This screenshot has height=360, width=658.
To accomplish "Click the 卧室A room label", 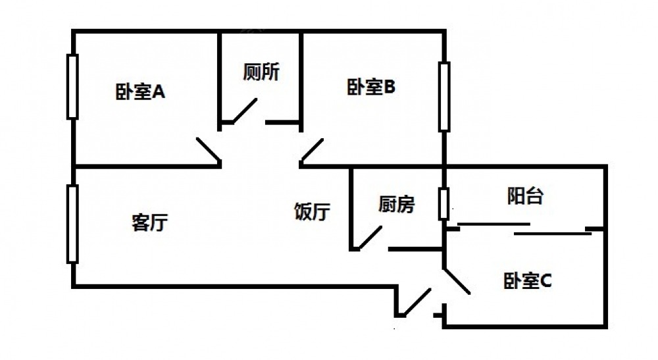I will (140, 92).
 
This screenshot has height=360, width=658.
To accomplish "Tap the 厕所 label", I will (261, 72).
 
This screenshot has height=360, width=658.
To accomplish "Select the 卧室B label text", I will (370, 88).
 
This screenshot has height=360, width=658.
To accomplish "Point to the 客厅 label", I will (149, 223).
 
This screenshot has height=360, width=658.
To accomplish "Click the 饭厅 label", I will (312, 212).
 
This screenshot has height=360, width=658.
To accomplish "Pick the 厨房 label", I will (397, 205).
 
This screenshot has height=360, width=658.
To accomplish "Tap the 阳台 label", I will (525, 195).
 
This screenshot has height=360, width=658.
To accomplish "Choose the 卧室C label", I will (527, 282).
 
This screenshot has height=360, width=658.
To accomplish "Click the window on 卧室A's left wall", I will (72, 86).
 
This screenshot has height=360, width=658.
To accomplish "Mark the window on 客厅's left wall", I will (72, 224).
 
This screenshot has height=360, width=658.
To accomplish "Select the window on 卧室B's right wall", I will (445, 97).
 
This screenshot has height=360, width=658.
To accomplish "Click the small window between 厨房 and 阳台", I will (445, 204).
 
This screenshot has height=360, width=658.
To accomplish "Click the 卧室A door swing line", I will (208, 151).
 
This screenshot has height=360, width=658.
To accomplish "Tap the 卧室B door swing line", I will (312, 151).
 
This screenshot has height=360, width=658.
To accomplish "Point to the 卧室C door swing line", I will (457, 280).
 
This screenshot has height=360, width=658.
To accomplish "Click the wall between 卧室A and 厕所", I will (219, 79).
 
